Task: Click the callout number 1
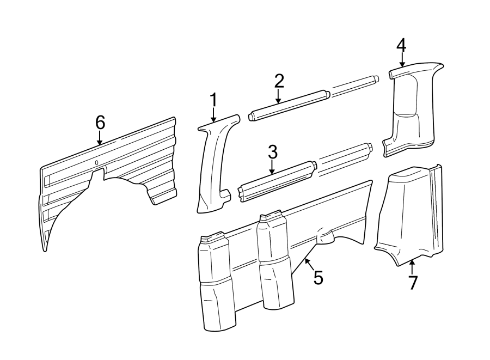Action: [x=213, y=100]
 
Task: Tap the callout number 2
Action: [x=279, y=81]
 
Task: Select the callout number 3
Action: [x=272, y=152]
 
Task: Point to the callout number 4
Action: [x=401, y=45]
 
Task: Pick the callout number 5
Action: [x=318, y=278]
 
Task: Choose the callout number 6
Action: [x=100, y=123]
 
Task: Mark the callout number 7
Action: [x=412, y=283]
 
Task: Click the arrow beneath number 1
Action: [x=213, y=115]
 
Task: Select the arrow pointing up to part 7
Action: [x=412, y=267]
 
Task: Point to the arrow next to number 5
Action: [x=308, y=264]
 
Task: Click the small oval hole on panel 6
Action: [x=96, y=162]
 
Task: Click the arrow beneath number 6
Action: [x=100, y=139]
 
